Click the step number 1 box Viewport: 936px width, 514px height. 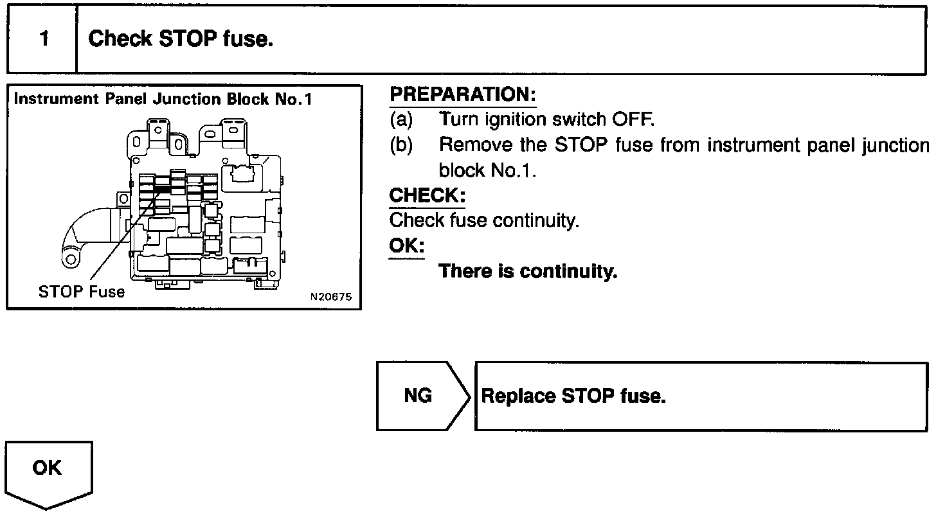point(43,39)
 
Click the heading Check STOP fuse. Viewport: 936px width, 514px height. point(181,39)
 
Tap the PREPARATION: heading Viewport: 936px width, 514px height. point(462,94)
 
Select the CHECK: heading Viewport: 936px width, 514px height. point(427,195)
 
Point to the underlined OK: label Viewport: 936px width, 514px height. point(406,246)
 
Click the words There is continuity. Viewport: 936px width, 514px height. point(527,271)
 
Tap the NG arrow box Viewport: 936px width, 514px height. point(419,396)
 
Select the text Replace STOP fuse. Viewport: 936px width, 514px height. point(573,396)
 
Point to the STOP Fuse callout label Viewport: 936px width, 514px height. point(82,292)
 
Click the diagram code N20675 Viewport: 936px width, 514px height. point(330,297)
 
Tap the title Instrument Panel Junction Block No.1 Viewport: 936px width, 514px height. point(163,100)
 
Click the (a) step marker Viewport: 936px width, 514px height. point(401,120)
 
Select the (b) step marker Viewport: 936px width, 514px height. point(401,145)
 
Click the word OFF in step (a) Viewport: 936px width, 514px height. point(633,120)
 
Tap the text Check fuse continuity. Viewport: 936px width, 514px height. point(484,220)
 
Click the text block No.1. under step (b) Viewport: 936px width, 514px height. point(487,170)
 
